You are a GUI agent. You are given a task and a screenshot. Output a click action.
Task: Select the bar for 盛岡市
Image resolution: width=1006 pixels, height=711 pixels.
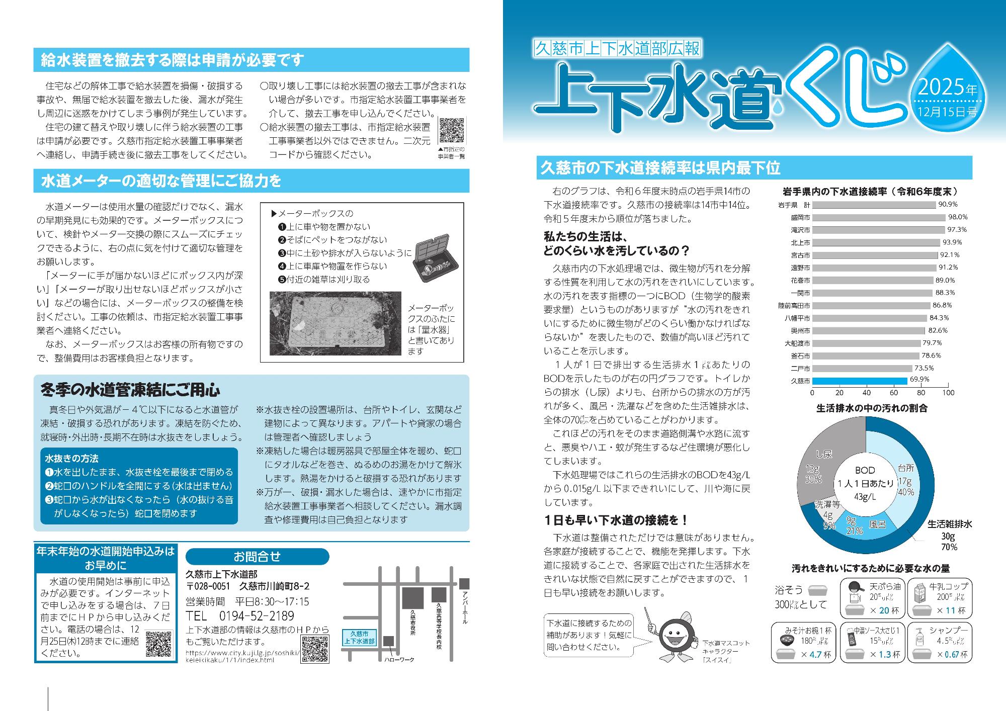pos(878,217)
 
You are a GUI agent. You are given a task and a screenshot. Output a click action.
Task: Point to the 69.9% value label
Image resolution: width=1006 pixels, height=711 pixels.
pos(919,380)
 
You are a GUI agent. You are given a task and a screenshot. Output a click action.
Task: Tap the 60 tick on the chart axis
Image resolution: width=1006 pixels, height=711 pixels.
pos(894,393)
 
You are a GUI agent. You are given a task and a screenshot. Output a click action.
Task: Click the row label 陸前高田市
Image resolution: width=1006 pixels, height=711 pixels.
pos(793,305)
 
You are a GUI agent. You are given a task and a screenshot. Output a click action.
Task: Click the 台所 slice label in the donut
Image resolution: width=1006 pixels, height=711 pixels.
pos(905,468)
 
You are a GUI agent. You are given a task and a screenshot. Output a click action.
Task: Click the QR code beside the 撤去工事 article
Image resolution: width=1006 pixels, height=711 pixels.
pos(452,131)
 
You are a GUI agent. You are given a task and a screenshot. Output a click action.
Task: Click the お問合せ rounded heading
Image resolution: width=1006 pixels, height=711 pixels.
pos(257,557)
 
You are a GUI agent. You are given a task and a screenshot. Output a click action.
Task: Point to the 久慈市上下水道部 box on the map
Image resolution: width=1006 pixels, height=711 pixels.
pos(359,638)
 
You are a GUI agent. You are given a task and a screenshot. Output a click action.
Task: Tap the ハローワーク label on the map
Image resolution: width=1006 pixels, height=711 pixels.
pos(398,659)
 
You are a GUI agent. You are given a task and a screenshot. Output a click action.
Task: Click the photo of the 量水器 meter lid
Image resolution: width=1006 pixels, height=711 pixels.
pos(336,323)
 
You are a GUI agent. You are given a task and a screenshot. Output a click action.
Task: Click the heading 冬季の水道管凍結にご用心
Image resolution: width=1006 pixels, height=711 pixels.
pos(130,390)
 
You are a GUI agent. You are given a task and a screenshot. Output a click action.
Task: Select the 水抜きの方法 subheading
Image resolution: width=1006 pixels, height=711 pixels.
pos(71,459)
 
